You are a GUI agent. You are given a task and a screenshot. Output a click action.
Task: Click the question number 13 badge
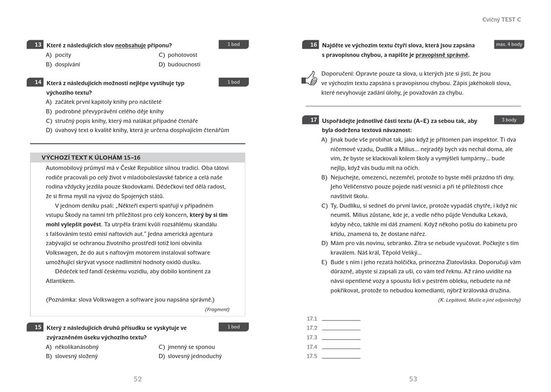[x=36, y=45]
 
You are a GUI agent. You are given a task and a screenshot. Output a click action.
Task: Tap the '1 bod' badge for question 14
[x=234, y=82]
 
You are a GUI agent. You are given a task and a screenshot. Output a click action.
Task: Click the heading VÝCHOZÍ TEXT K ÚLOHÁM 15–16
[x=91, y=157]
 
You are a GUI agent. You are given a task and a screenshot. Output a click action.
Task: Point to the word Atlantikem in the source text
[x=60, y=281]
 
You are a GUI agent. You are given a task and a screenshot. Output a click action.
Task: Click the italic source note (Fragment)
[x=217, y=309]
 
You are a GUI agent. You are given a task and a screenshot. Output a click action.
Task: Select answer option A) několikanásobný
[x=72, y=347]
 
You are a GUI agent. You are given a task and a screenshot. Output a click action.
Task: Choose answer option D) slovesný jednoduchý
[x=190, y=356]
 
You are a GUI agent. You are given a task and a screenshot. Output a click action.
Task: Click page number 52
[x=138, y=379]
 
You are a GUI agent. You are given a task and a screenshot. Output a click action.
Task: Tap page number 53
[x=413, y=379]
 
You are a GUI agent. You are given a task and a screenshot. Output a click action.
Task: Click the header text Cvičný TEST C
[x=501, y=20]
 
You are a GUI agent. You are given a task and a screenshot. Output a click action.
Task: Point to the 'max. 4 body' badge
[x=509, y=44]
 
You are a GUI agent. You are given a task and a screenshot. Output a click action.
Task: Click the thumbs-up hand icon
[x=309, y=78]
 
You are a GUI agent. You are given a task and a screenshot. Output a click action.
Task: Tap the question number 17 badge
[x=311, y=120]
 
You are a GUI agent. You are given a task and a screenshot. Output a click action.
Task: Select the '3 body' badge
[x=509, y=120]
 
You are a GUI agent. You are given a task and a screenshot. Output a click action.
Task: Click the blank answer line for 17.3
[x=341, y=339]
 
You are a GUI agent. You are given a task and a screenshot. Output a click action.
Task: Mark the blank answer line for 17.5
[x=341, y=357]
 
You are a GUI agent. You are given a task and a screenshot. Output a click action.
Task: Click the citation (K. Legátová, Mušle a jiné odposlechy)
[x=479, y=300]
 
